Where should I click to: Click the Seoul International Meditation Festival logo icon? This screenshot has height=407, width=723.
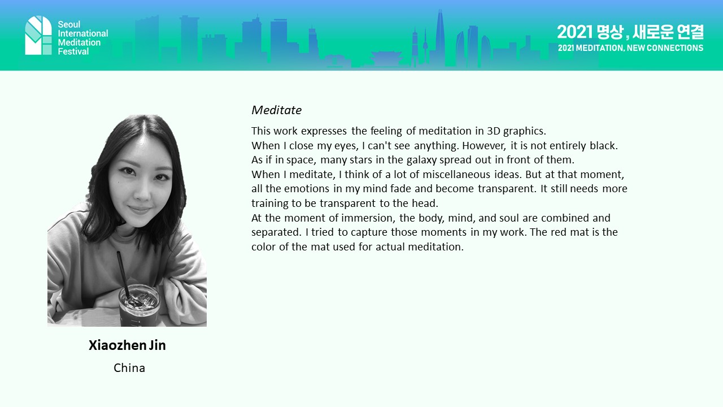pos(38,35)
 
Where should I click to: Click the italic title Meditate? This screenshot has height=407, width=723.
pos(276,110)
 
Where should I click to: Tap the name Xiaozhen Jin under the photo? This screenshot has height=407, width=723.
pos(127,345)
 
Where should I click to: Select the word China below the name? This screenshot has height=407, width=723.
pos(129,368)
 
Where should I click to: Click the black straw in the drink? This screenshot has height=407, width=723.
pos(123,275)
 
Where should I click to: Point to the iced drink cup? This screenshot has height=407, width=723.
pos(139,305)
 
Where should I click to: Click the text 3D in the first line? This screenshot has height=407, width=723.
pos(494,131)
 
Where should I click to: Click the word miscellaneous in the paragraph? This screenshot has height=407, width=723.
pos(456,175)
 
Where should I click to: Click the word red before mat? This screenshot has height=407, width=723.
pos(559,232)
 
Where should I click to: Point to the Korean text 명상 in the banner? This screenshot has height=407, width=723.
pos(610,32)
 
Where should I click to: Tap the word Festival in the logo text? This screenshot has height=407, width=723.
pos(73,51)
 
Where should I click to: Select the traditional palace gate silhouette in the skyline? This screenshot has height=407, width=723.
pos(386,59)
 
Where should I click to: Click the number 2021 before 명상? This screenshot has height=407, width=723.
pos(574,32)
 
